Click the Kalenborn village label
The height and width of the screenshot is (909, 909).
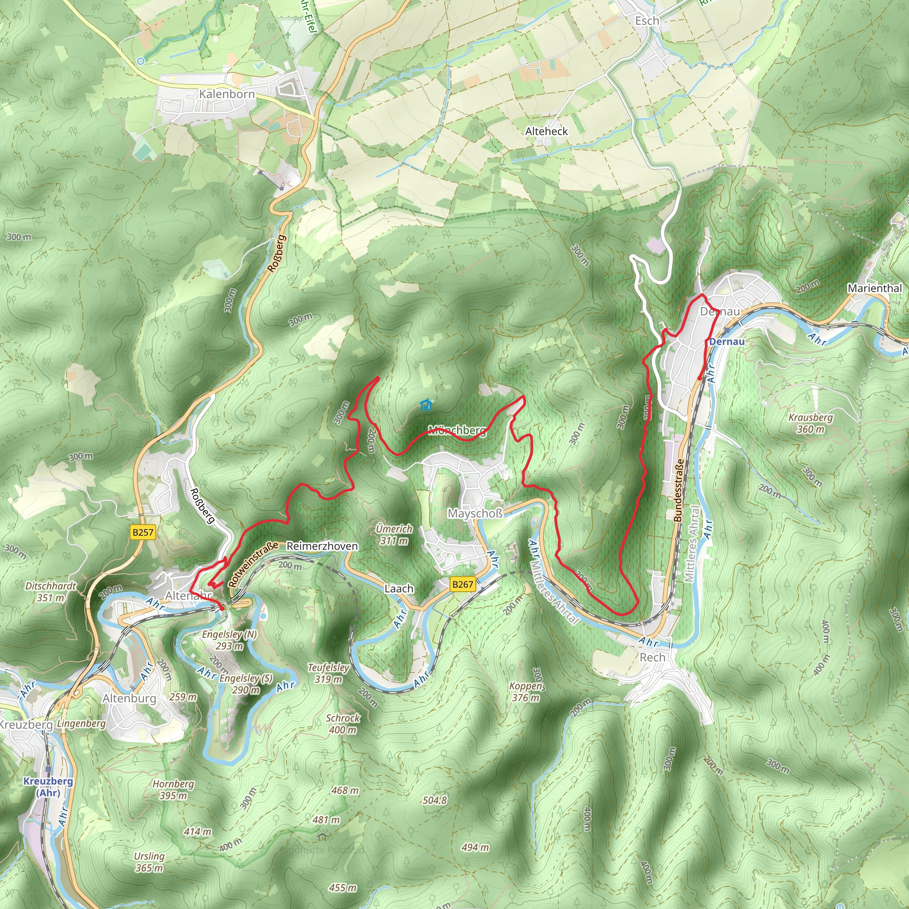tap(227, 94)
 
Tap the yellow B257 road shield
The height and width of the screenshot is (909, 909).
tap(142, 532)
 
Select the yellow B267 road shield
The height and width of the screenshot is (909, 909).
tap(462, 585)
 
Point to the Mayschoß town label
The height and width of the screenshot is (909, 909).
tap(475, 514)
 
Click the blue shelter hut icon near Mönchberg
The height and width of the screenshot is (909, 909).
tap(426, 404)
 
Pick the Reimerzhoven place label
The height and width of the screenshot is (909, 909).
tap(322, 546)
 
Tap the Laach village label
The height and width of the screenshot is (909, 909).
tap(399, 589)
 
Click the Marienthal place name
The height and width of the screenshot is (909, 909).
tap(875, 288)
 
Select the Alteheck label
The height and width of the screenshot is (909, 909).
tap(546, 131)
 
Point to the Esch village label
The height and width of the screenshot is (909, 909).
tap(647, 21)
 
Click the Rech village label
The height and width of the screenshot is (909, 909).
tap(652, 657)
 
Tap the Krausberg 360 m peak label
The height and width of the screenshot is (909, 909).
tap(810, 423)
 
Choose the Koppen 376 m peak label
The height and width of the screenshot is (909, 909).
tap(526, 692)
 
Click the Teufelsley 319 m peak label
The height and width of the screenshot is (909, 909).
tap(328, 673)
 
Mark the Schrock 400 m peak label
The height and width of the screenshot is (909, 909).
tap(343, 724)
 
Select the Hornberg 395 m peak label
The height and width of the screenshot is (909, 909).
tap(173, 790)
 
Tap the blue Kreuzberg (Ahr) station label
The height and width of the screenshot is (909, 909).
tap(48, 786)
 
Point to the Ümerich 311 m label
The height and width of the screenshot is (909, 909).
tap(394, 534)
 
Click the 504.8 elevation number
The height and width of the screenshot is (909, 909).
tap(434, 800)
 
